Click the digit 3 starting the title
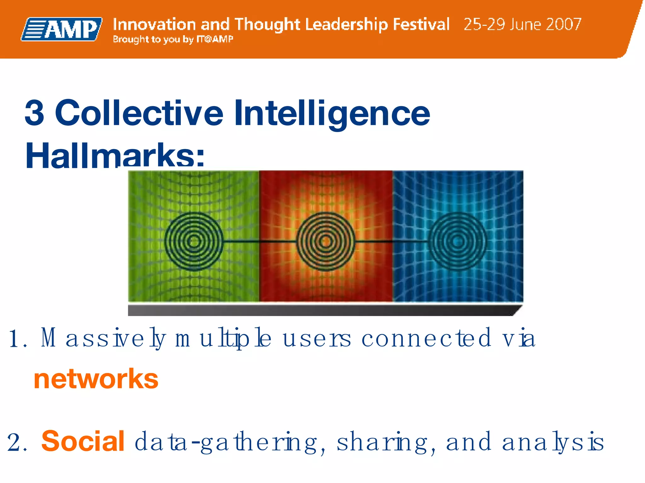(34, 113)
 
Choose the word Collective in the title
(139, 113)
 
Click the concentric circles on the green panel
(194, 241)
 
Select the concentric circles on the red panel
(326, 241)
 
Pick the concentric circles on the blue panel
(458, 241)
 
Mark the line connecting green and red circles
(260, 241)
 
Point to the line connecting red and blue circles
(392, 241)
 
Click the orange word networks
(96, 379)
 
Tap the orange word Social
(83, 441)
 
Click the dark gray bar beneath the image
(321, 310)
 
